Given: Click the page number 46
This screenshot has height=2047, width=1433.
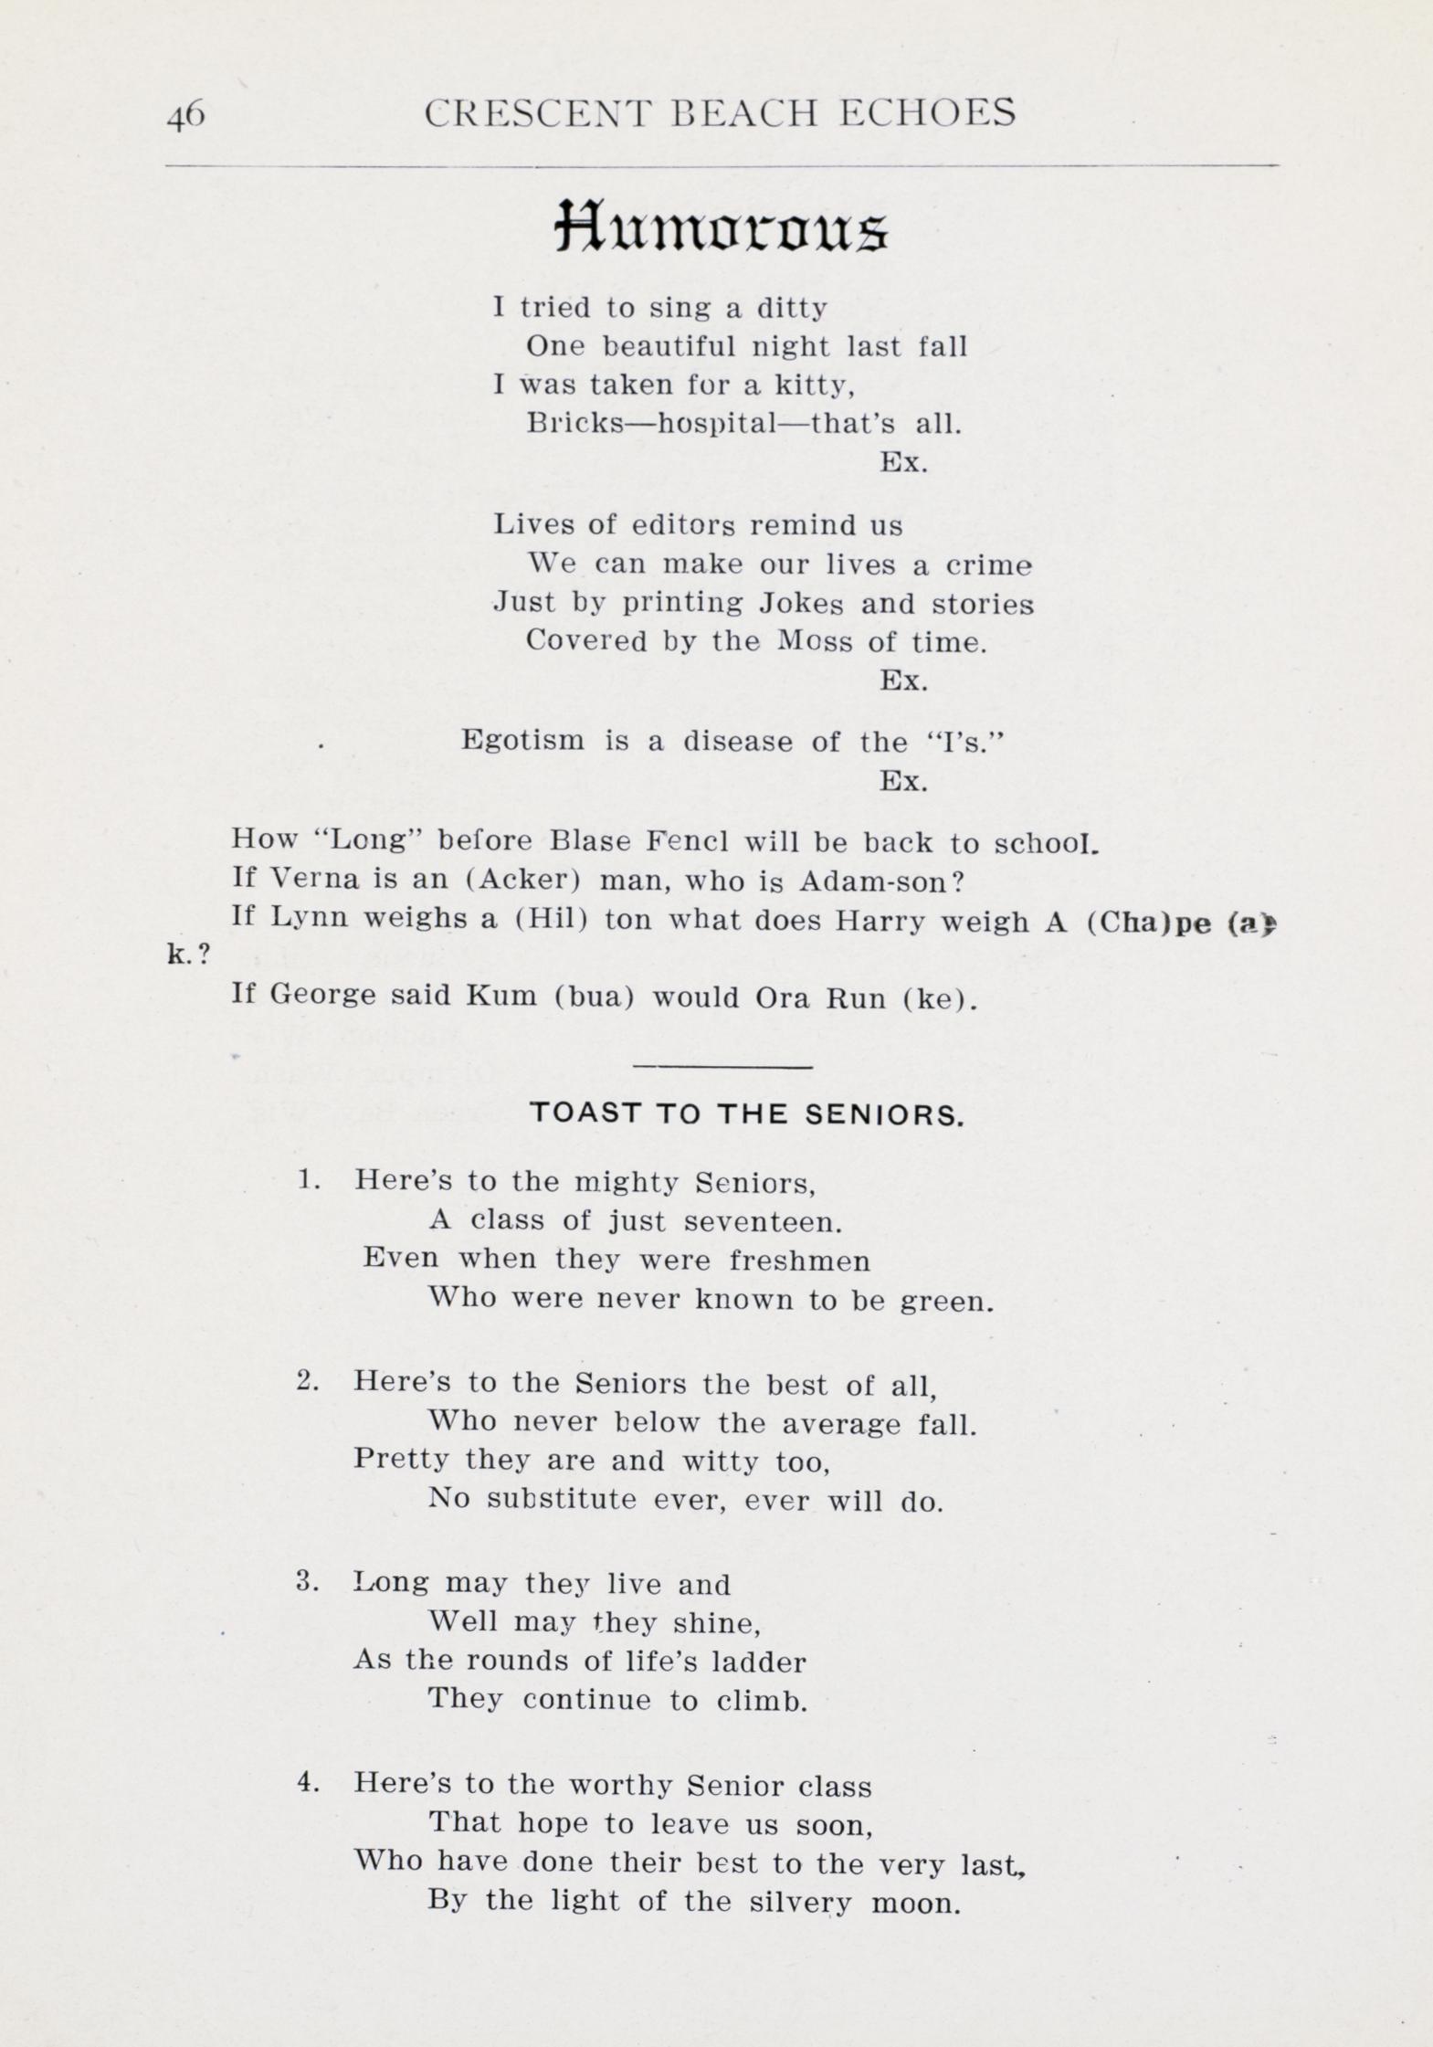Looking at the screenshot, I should pos(185,116).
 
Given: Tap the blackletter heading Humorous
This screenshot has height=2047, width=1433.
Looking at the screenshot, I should pos(722,227).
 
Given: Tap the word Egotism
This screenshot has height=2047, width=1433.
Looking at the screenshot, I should pos(522,740).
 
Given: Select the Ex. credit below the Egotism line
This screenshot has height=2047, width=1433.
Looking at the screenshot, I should pos(903,781).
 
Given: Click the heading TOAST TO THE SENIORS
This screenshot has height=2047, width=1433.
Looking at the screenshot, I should pos(746,1114).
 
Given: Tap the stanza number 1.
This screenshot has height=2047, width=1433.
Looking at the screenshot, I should pos(309,1180).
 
